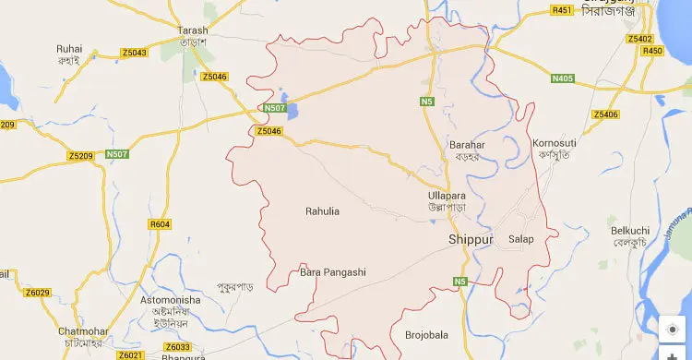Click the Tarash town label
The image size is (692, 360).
[193, 30]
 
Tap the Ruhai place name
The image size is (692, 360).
[69, 49]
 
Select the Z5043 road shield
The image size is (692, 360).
[134, 53]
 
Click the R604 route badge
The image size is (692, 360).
[160, 224]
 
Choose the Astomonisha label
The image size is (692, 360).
[169, 301]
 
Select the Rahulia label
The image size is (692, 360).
[322, 211]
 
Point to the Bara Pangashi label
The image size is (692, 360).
[333, 272]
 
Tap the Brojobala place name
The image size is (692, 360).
[426, 334]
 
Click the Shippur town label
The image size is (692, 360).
[471, 240]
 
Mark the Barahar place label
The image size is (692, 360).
[467, 145]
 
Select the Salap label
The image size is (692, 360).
[521, 239]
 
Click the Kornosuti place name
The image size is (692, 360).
[554, 143]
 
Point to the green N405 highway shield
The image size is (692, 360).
[562, 78]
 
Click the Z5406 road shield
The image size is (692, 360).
[606, 114]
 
